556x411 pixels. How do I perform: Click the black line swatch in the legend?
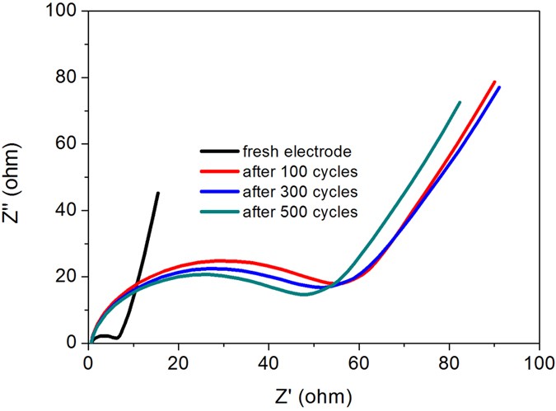(x=219, y=152)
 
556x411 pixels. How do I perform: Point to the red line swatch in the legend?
(x=219, y=171)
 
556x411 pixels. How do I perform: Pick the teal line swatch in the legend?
(x=219, y=212)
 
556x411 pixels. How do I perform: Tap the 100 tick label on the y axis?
(x=60, y=12)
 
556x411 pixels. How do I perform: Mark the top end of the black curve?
(x=158, y=194)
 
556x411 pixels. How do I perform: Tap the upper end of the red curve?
(x=494, y=82)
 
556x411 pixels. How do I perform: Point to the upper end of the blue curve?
(x=499, y=87)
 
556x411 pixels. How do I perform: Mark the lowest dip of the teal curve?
(x=304, y=294)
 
